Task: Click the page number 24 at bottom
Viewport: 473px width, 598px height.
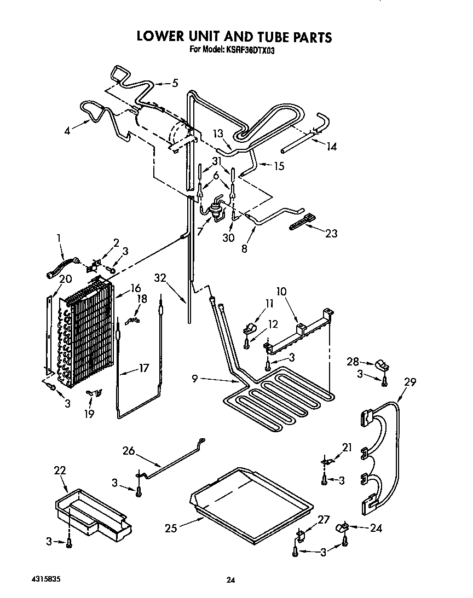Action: [230, 580]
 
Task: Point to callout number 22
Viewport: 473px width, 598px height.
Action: [60, 470]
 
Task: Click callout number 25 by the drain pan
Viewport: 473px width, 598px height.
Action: [171, 528]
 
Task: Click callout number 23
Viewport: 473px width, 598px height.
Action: [331, 234]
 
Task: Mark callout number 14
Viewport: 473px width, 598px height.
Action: [331, 146]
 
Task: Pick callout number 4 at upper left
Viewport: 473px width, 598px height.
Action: [67, 130]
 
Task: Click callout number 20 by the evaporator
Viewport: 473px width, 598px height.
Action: [65, 279]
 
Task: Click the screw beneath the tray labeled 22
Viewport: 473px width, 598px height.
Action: [69, 543]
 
